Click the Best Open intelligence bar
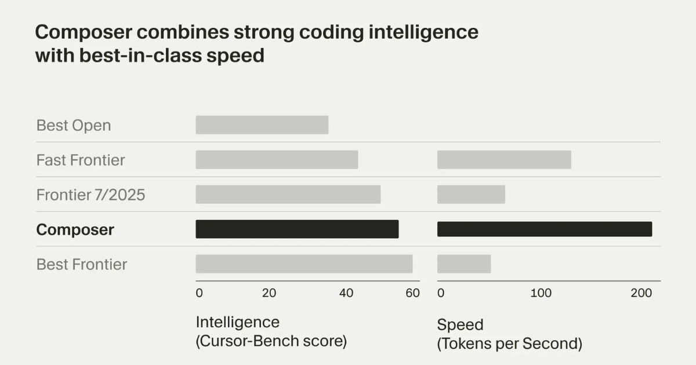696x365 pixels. click(262, 125)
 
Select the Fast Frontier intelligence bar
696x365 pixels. click(277, 160)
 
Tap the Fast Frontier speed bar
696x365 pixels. click(504, 160)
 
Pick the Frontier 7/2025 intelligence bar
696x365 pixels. click(288, 195)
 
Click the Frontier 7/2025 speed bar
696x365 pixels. click(471, 195)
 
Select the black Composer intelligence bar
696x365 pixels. click(297, 229)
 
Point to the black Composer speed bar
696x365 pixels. click(545, 229)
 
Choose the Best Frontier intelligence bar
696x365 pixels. click(304, 264)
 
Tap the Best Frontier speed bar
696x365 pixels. click(464, 264)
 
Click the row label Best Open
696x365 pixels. click(74, 125)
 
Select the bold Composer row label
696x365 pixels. click(75, 230)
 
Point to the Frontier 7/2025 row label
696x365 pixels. click(90, 195)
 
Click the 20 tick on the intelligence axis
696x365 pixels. click(269, 293)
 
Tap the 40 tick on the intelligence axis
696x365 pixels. click(346, 293)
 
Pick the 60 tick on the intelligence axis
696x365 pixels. click(412, 293)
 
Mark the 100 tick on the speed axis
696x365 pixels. click(541, 293)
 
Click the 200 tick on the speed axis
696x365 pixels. click(641, 293)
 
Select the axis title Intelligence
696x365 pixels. click(238, 322)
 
